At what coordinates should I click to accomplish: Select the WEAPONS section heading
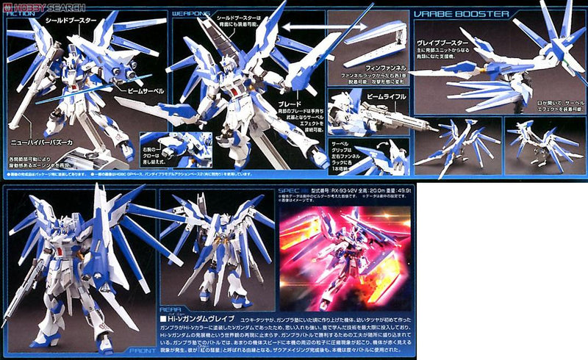tap(189, 14)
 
